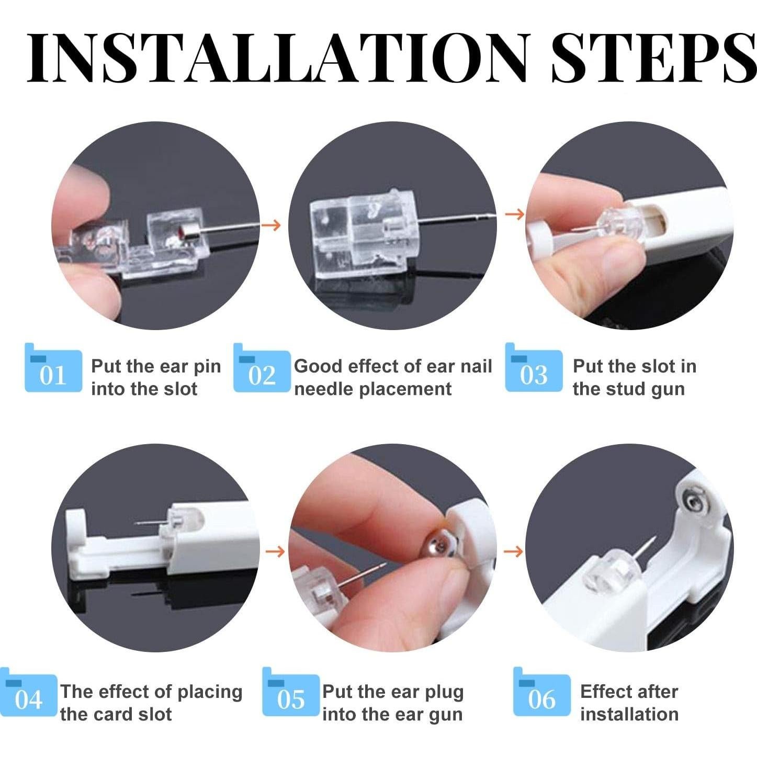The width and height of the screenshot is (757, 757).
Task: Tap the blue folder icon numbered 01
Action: pyautogui.click(x=53, y=367)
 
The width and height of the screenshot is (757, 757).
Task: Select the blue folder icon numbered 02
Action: pyautogui.click(x=262, y=367)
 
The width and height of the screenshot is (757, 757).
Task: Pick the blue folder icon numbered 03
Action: pyautogui.click(x=534, y=367)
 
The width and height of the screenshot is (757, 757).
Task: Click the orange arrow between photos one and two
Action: pyautogui.click(x=271, y=225)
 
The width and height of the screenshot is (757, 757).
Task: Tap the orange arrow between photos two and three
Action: pyautogui.click(x=514, y=214)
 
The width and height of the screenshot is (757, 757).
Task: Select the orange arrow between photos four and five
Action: pyautogui.click(x=275, y=552)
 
